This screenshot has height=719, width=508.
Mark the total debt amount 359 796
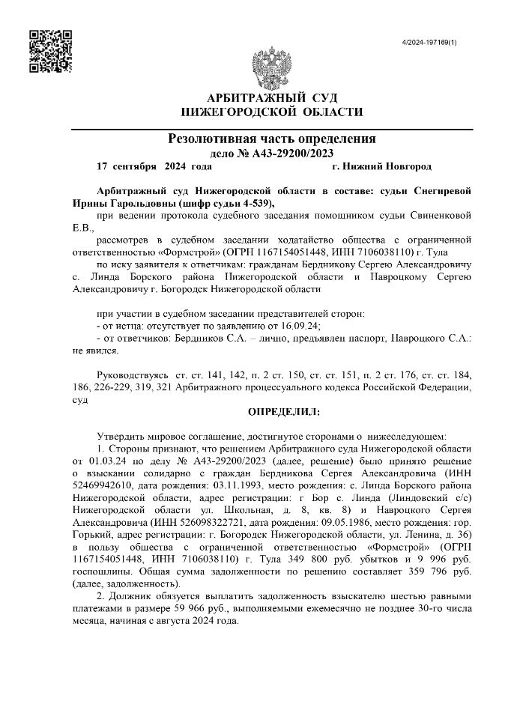(x=417, y=571)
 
